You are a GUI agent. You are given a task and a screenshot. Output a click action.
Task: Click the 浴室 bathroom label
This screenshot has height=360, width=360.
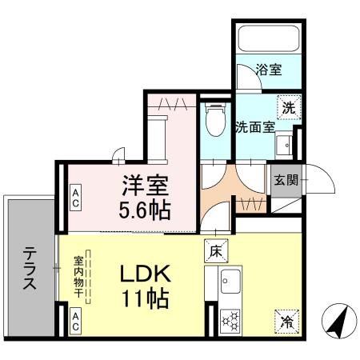[x=269, y=70]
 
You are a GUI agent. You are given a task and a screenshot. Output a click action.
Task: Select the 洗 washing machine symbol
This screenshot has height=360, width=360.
[x=288, y=106]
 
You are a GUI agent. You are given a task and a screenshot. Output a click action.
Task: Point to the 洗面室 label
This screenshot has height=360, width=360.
[x=254, y=126]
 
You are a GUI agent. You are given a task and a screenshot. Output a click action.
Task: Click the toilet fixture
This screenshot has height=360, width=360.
[x=214, y=122]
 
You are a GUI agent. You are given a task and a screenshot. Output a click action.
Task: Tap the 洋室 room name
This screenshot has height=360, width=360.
[x=145, y=186]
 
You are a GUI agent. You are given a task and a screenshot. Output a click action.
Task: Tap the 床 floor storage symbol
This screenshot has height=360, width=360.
[x=214, y=249]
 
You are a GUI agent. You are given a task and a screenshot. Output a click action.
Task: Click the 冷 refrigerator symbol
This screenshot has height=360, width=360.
[x=286, y=321]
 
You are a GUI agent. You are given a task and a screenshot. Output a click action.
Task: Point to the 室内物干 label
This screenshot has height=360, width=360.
[x=78, y=277]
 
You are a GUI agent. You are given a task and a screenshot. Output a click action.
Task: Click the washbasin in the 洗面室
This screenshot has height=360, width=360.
[x=284, y=144]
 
